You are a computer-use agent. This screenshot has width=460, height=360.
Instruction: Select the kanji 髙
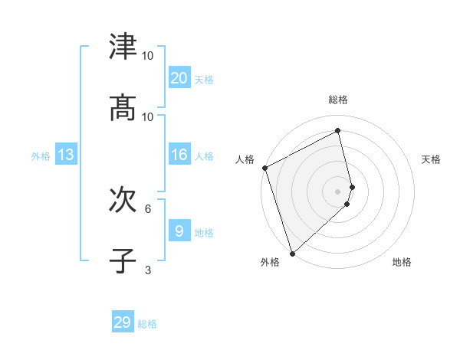click(123, 108)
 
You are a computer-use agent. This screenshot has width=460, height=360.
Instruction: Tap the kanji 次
click(123, 200)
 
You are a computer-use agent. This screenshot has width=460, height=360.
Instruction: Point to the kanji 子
click(123, 261)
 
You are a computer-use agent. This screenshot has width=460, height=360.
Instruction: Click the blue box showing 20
click(179, 78)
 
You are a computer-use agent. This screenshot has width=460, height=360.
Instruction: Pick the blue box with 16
click(179, 155)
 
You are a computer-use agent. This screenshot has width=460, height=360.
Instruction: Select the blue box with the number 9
click(179, 231)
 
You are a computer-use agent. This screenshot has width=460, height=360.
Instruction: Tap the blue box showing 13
click(66, 155)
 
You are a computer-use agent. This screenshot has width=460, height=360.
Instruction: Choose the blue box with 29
click(123, 322)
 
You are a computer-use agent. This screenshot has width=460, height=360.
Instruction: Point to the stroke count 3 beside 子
click(148, 270)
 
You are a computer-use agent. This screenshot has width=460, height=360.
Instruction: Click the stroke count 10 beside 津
click(148, 56)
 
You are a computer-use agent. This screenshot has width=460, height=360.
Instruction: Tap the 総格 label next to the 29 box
click(147, 324)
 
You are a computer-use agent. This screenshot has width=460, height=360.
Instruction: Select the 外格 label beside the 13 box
click(41, 156)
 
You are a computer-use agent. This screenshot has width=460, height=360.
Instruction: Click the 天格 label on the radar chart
click(431, 159)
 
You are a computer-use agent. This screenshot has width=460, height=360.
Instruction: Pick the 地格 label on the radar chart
click(402, 262)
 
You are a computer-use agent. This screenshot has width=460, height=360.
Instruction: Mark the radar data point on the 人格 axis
click(264, 168)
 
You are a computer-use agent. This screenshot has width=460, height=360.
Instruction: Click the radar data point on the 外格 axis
click(292, 253)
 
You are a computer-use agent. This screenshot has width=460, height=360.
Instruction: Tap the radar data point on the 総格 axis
click(338, 130)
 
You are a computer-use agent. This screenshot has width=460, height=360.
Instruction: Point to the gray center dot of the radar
click(338, 191)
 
